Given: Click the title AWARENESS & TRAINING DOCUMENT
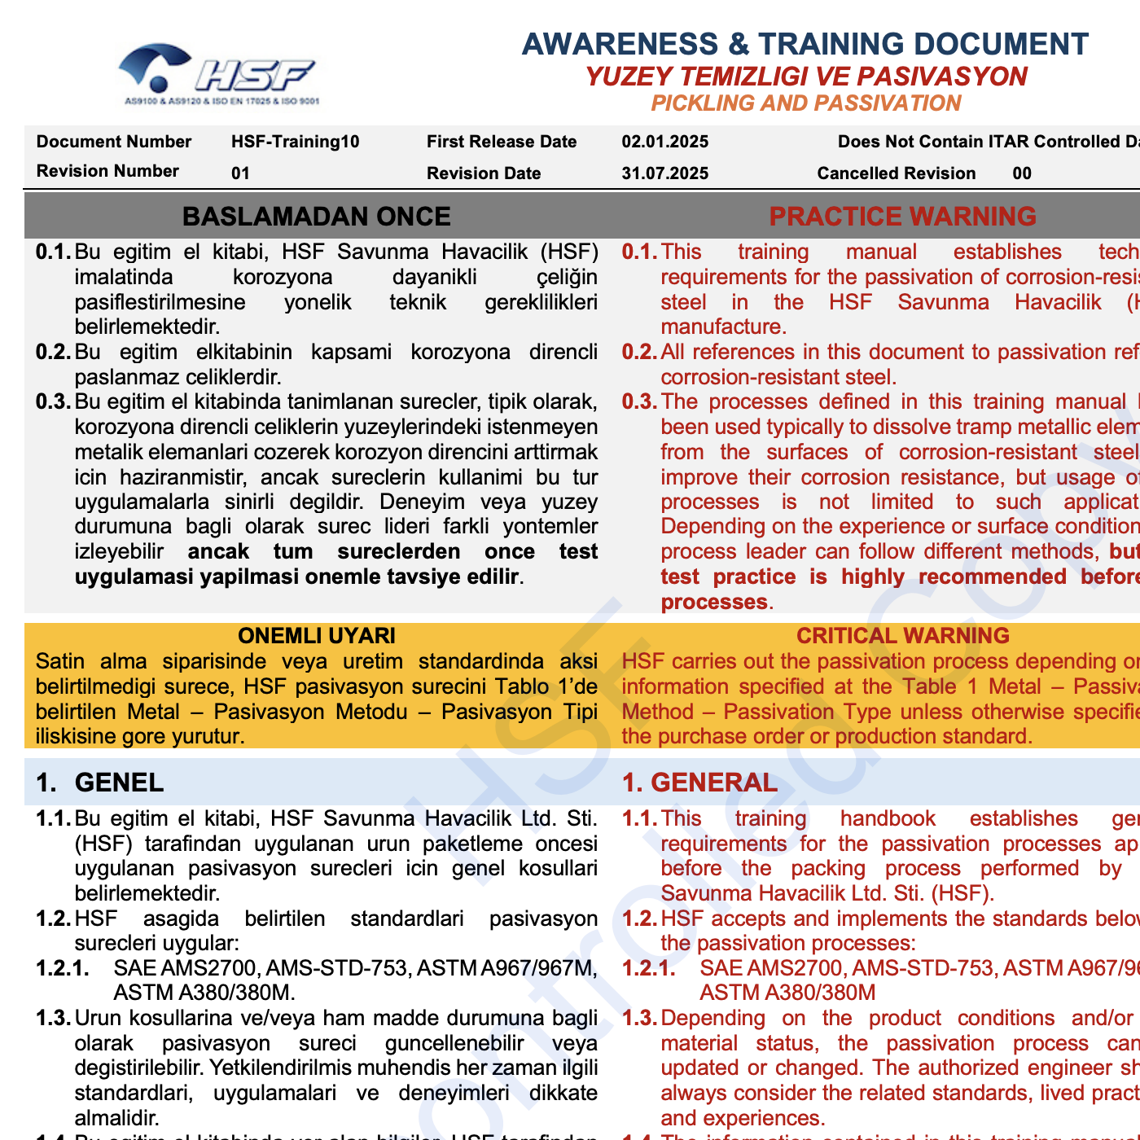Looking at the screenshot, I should point(805,44).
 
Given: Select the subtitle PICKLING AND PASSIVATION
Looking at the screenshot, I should point(805,103).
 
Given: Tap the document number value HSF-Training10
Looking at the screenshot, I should point(295,142).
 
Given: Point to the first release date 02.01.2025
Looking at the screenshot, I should point(664,142).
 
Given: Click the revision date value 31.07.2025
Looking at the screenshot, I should point(664,173).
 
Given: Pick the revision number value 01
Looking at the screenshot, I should point(240,173).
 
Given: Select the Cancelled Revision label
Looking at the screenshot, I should point(896,173).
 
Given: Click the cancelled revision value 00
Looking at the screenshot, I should point(1022,173).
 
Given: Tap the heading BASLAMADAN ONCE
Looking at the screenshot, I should point(316,217).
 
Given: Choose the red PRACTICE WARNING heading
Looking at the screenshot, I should point(902,217).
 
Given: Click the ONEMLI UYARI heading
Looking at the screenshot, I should point(316,636).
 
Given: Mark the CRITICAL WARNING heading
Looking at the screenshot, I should point(902,636).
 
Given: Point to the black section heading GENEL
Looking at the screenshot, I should point(119,783).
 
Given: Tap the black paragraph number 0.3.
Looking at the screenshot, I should point(54,402).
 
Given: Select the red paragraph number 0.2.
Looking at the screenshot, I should point(639,353).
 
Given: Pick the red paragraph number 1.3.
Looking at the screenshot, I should point(639,1019).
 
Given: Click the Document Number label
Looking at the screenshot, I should point(113,142).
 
